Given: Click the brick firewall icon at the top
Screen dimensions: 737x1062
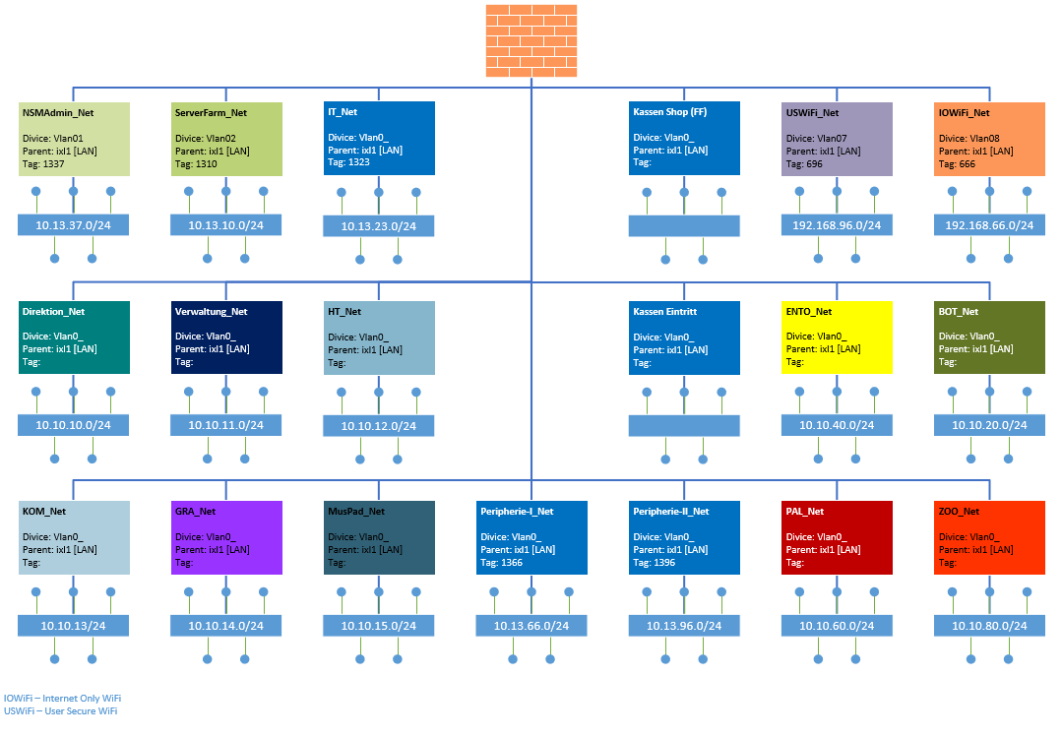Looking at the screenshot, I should pyautogui.click(x=531, y=40).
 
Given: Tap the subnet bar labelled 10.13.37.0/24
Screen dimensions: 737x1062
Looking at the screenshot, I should pyautogui.click(x=74, y=225).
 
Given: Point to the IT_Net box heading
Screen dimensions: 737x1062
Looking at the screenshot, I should pyautogui.click(x=343, y=113).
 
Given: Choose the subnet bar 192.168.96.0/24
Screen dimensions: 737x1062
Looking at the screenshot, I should pyautogui.click(x=837, y=225).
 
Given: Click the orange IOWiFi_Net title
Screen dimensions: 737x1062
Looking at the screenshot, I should pyautogui.click(x=965, y=113).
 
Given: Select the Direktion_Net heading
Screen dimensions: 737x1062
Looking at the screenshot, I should pyautogui.click(x=53, y=312).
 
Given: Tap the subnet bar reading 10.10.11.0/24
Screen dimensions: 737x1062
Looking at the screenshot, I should pyautogui.click(x=226, y=425).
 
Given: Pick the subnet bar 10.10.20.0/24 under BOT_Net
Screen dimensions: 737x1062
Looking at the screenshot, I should pyautogui.click(x=989, y=425).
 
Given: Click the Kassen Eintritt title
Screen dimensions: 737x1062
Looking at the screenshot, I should pyautogui.click(x=665, y=312).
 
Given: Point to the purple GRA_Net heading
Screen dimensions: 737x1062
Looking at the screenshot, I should pyautogui.click(x=195, y=512).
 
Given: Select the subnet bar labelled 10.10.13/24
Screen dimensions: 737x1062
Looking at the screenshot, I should pyautogui.click(x=74, y=626).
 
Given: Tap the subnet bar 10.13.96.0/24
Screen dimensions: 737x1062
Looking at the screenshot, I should pyautogui.click(x=684, y=626).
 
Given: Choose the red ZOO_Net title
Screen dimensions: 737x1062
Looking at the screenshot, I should pyautogui.click(x=960, y=512).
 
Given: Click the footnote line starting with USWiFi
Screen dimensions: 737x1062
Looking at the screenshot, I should pyautogui.click(x=60, y=710).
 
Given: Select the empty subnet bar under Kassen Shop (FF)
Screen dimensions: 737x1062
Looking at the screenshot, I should pyautogui.click(x=684, y=225).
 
